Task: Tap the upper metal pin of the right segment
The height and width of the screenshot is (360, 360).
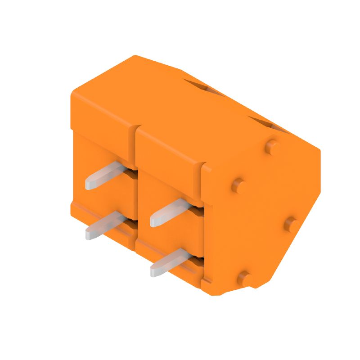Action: pos(170,211)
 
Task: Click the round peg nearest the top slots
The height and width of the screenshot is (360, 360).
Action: pos(271,146)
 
